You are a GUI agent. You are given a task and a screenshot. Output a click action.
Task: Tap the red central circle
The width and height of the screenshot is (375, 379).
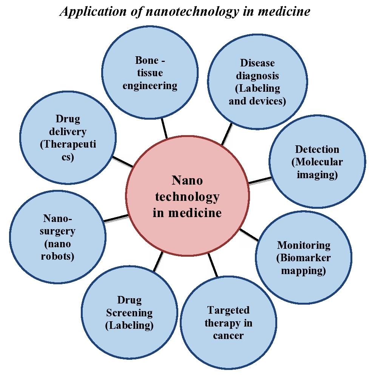click(187, 196)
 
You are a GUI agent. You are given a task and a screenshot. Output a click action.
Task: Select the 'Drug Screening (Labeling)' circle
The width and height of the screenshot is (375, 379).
click(129, 313)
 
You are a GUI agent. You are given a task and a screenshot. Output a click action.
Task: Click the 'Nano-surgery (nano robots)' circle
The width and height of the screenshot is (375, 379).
click(57, 237)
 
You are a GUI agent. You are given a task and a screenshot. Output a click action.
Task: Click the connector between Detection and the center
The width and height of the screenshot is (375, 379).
click(259, 180)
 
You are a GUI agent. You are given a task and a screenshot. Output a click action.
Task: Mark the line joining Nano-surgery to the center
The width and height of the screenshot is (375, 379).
click(116, 218)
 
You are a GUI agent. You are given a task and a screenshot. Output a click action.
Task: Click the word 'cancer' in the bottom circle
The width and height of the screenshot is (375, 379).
click(228, 336)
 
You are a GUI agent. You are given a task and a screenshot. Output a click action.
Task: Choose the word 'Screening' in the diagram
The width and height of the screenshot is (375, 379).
click(129, 313)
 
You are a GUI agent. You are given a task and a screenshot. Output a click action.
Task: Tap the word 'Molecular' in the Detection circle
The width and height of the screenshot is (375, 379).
click(317, 162)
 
